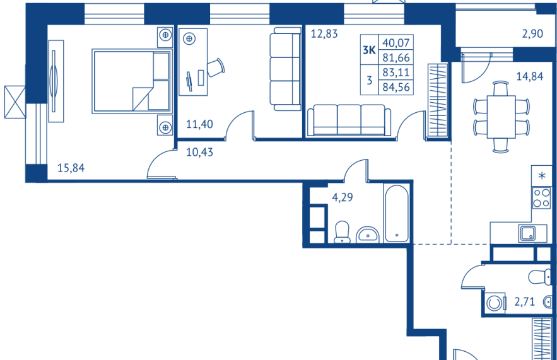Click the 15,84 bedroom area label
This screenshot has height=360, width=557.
[71, 168]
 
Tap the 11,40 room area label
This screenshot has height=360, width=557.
[199, 124]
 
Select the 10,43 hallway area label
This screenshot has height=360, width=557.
[199, 153]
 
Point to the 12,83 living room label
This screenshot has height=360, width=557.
[324, 33]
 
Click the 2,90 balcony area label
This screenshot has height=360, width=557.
[532, 33]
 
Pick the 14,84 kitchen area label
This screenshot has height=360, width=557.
[530, 76]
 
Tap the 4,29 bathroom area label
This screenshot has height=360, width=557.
[343, 197]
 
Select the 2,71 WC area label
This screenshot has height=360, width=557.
[525, 302]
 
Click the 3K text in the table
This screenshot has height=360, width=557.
[370, 50]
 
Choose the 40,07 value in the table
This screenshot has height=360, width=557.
[396, 43]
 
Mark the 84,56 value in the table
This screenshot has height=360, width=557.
[396, 87]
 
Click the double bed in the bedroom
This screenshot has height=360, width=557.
[132, 81]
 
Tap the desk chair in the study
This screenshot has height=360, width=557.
[216, 67]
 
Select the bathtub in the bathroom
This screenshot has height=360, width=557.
[396, 214]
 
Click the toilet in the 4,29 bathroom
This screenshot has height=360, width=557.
[342, 232]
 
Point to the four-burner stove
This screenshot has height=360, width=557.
[541, 198]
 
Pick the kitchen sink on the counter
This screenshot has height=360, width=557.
[528, 234]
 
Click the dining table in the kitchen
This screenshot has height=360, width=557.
[501, 117]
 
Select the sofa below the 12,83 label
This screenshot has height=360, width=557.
[349, 120]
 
